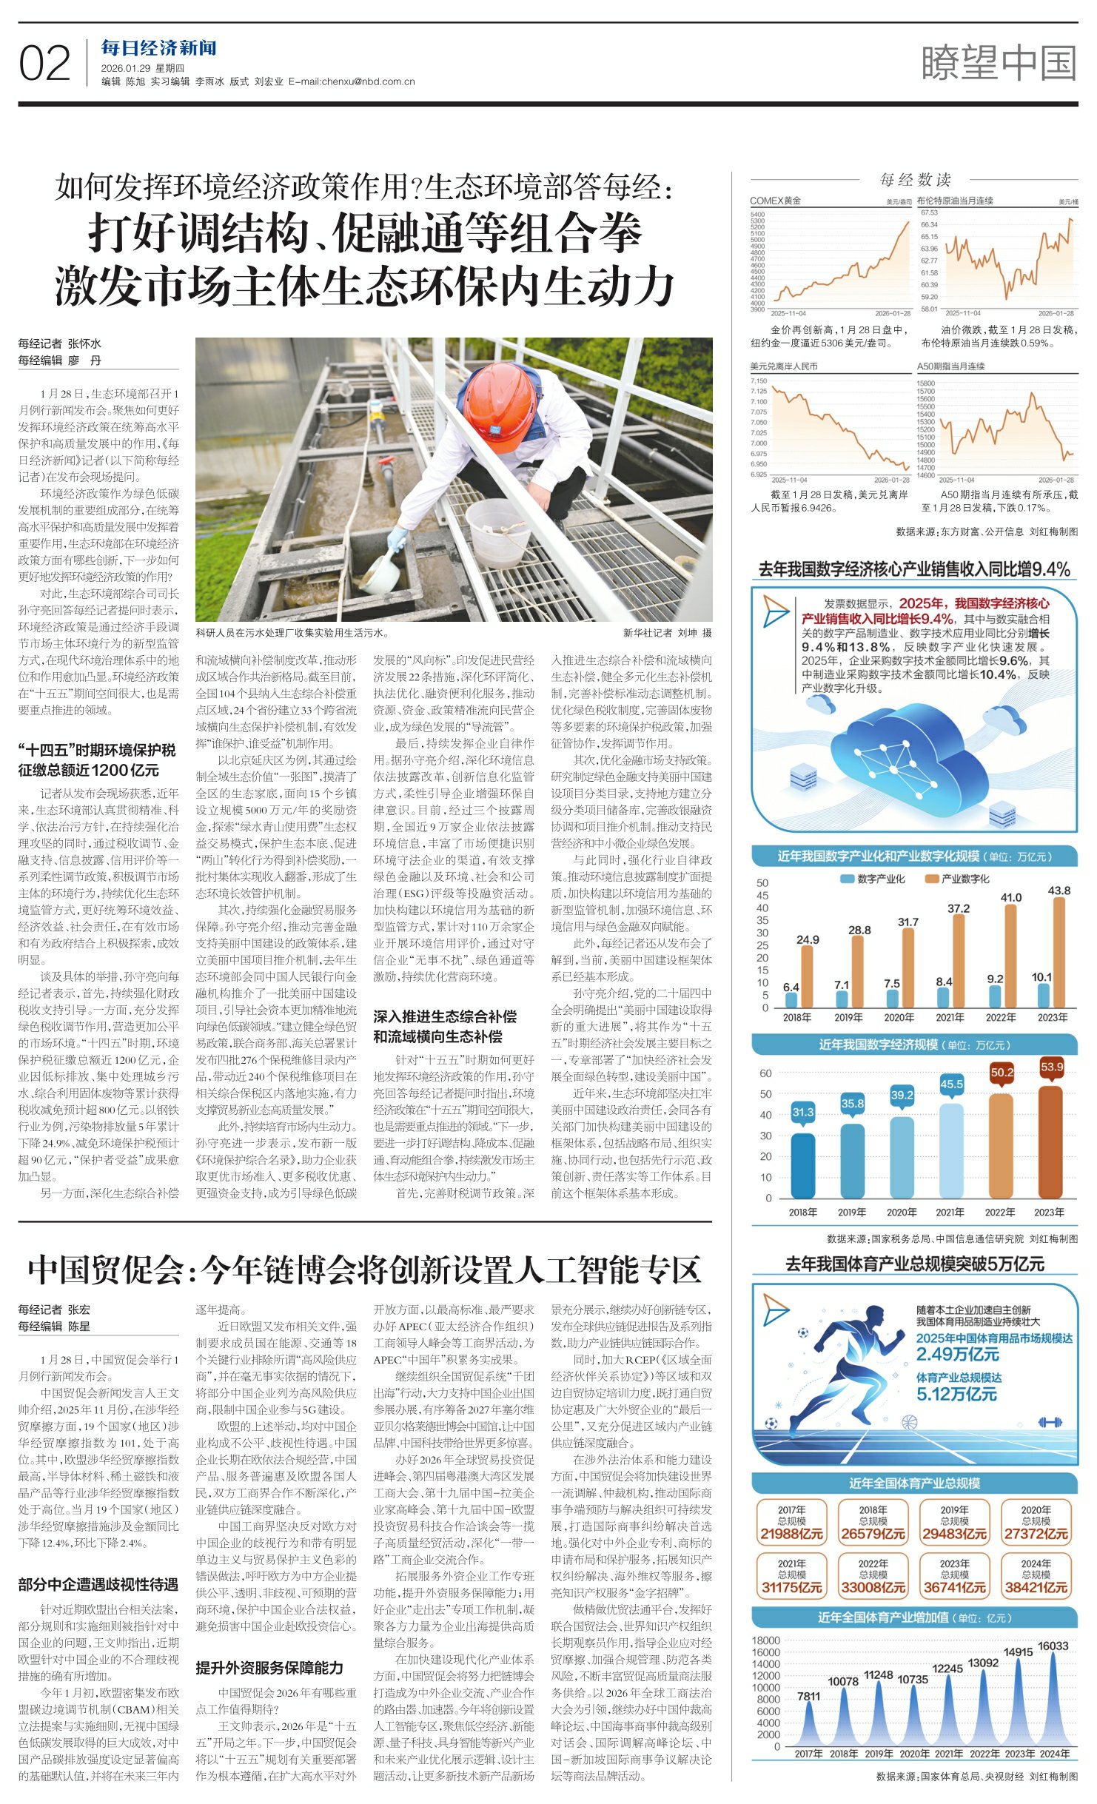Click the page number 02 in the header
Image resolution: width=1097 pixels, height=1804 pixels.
tap(44, 64)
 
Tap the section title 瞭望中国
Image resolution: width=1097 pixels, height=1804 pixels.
tap(999, 63)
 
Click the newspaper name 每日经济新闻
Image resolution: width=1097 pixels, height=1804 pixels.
tap(158, 49)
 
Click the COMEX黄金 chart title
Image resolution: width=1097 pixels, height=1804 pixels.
tap(775, 201)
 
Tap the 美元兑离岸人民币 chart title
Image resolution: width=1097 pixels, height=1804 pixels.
tap(783, 366)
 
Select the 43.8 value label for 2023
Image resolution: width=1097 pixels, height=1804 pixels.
tap(1059, 891)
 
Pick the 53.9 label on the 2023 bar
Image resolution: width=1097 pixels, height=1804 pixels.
tap(1051, 1067)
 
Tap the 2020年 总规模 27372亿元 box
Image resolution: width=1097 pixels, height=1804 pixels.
tap(1036, 1523)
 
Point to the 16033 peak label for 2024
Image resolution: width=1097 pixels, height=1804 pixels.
tap(1053, 1646)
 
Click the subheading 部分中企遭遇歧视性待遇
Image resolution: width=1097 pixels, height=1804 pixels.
tap(98, 1584)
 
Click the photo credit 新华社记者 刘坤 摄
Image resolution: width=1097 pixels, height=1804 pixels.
tap(667, 633)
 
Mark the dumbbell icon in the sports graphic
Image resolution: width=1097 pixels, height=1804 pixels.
tap(1050, 1421)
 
